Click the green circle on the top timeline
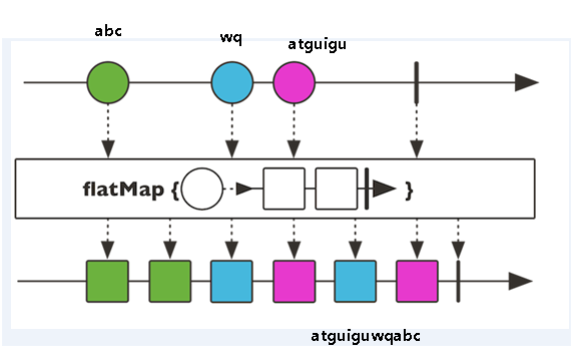[108, 82]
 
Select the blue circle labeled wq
[232, 82]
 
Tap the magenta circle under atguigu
[294, 82]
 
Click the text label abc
[108, 31]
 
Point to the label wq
[231, 37]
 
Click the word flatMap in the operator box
[124, 188]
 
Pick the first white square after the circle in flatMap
[284, 188]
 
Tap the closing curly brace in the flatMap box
[408, 189]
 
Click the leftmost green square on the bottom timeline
[108, 280]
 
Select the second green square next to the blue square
[170, 280]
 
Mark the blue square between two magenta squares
[355, 280]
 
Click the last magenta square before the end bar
[417, 280]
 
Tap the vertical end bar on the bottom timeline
[458, 280]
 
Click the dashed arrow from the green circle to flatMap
[108, 130]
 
